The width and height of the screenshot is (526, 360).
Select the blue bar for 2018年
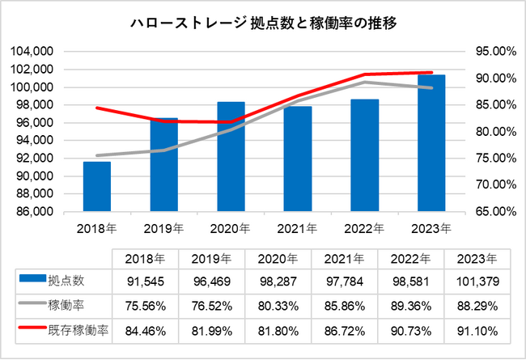96,187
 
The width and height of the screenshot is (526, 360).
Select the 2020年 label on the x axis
231,230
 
